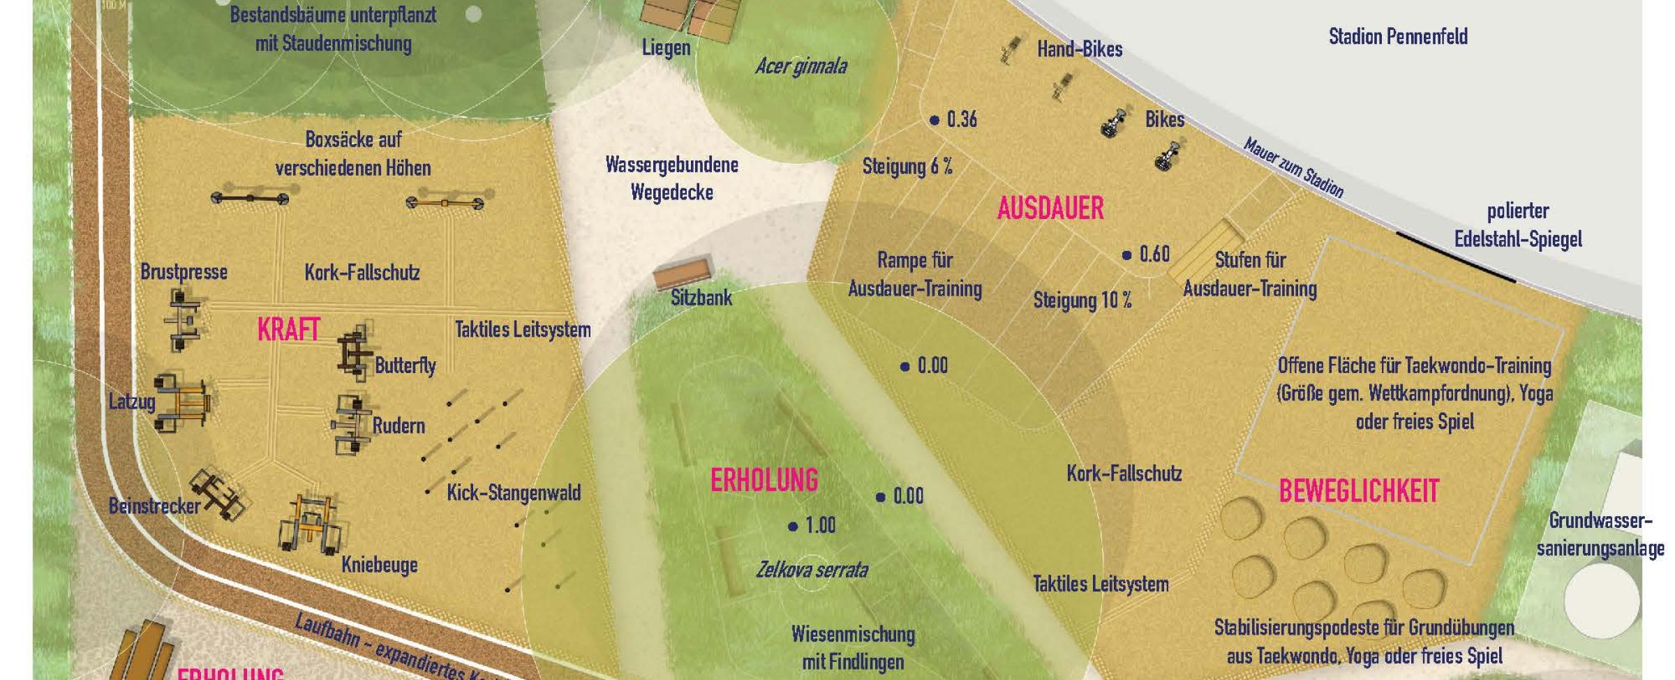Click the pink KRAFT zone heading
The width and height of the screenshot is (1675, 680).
click(x=288, y=330)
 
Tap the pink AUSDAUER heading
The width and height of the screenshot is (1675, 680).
click(x=1050, y=209)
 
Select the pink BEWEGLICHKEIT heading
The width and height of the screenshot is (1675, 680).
click(x=1359, y=492)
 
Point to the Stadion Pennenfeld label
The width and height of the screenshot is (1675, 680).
click(x=1398, y=36)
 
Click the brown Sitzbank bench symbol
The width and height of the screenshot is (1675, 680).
click(x=683, y=272)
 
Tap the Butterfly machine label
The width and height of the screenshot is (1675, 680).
click(x=405, y=365)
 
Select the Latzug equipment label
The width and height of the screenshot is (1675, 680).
click(x=131, y=402)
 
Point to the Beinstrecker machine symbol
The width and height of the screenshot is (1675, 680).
click(x=218, y=492)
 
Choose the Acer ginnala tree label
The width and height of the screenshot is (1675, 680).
click(x=801, y=67)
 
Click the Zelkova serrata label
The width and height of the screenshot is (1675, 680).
click(x=812, y=571)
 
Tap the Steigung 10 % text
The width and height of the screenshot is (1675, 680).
click(x=1082, y=301)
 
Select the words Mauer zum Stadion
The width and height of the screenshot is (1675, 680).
click(x=1293, y=168)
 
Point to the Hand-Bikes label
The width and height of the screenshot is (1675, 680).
click(x=1079, y=50)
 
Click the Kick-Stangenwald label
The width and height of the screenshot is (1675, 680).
click(x=514, y=493)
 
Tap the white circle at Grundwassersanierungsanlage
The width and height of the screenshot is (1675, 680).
click(x=1601, y=600)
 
